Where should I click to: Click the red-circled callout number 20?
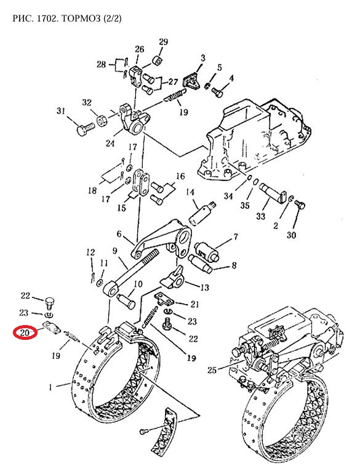(25, 333)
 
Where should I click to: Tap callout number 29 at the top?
(163, 42)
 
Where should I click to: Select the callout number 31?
(61, 111)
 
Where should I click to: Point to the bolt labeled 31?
(85, 130)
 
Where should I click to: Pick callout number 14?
(190, 192)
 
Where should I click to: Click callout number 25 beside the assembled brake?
(212, 370)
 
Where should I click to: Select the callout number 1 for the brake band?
(50, 387)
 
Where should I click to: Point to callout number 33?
(261, 215)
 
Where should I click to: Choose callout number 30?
(291, 235)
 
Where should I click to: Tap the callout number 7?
(236, 236)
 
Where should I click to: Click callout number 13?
(204, 288)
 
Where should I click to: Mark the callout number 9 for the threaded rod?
(115, 251)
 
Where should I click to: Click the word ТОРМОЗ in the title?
(81, 18)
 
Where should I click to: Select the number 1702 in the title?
(47, 18)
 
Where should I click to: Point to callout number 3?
(203, 58)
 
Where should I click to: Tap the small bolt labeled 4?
(217, 91)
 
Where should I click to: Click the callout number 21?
(195, 304)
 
